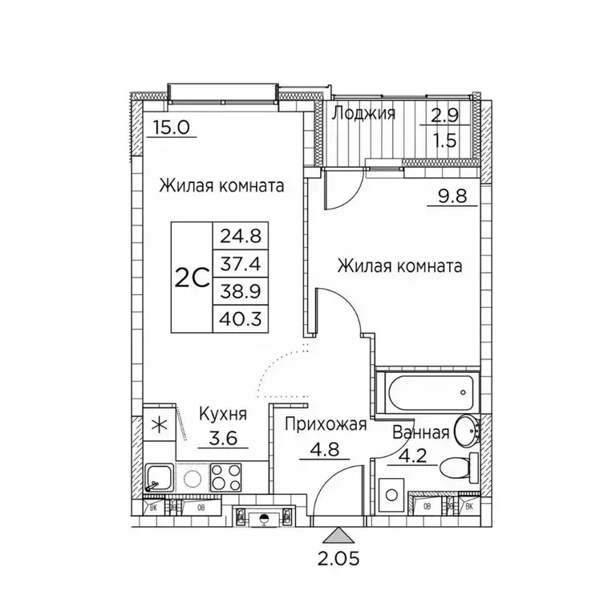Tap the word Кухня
pyautogui.click(x=222, y=415)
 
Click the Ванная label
pyautogui.click(x=420, y=434)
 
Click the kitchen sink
pyautogui.click(x=159, y=479)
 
